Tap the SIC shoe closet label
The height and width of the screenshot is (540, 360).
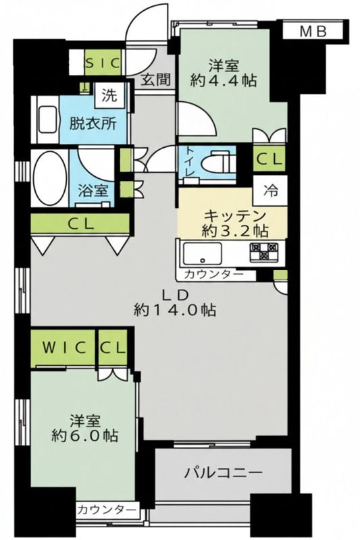(103, 63)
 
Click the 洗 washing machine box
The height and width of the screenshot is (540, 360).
(109, 95)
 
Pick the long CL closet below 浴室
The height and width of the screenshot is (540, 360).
(80, 223)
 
